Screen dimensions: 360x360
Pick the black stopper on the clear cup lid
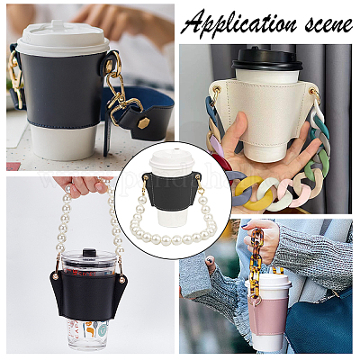[x=87, y=254]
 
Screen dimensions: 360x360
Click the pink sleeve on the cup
[x=268, y=316]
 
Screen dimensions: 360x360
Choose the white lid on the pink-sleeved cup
[x=268, y=282]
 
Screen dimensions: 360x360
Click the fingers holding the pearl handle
[x=79, y=185]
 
